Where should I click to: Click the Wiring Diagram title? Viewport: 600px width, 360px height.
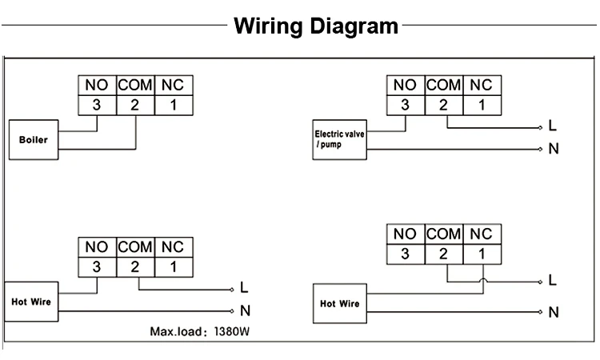[316, 26]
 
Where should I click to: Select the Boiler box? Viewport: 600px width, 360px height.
[33, 139]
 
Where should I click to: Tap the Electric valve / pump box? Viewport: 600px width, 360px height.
[339, 139]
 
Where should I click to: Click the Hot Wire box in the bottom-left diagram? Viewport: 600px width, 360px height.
[30, 302]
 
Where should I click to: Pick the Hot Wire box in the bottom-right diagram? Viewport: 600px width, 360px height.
[339, 304]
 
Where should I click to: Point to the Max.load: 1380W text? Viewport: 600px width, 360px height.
[206, 331]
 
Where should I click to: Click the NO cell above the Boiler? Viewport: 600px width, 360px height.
[96, 85]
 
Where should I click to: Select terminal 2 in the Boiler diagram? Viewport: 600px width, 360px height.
[134, 104]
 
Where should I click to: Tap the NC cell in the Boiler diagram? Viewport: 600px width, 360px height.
[173, 85]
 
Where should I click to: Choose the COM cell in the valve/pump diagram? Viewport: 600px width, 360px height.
[443, 85]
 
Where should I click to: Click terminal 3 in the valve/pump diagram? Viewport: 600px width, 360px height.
[405, 104]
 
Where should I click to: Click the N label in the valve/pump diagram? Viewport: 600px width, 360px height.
[553, 150]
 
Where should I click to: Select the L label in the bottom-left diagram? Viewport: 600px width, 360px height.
[244, 288]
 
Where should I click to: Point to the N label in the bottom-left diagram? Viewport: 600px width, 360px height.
[244, 310]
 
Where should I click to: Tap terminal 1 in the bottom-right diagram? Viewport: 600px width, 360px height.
[482, 254]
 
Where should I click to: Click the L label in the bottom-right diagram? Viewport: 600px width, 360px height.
[553, 281]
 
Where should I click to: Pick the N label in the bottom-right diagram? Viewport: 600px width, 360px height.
[553, 312]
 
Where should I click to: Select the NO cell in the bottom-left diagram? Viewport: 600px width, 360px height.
[96, 247]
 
